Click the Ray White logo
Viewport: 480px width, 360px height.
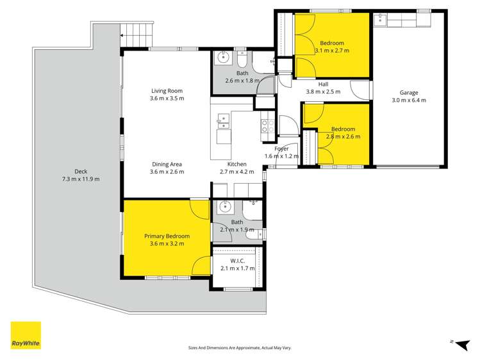tap(26, 335)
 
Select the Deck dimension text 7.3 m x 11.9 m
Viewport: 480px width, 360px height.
tap(81, 179)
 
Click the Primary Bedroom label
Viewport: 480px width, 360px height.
tap(167, 236)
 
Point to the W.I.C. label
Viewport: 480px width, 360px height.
tap(236, 260)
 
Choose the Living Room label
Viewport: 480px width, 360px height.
tap(167, 90)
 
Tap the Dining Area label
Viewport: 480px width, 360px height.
tap(167, 164)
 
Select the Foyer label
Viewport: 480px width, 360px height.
tap(282, 149)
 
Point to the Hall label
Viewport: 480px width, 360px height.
tap(323, 84)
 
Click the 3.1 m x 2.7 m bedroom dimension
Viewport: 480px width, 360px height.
tap(332, 50)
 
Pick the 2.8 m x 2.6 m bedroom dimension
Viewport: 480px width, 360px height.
tap(343, 136)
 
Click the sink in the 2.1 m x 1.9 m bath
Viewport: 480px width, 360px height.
tap(224, 207)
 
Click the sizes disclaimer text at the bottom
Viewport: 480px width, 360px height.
tap(240, 347)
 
